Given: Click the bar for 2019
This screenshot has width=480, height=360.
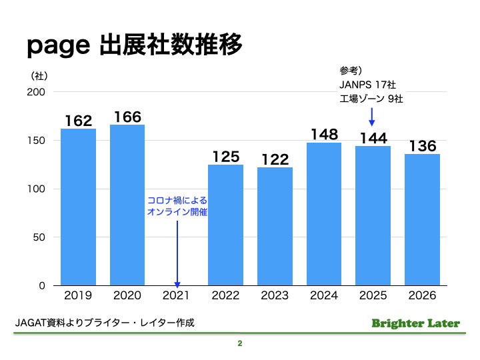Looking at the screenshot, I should pyautogui.click(x=78, y=207).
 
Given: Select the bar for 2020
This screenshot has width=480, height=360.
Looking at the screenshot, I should pyautogui.click(x=127, y=205).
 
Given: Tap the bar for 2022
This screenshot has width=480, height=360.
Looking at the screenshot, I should pyautogui.click(x=225, y=225).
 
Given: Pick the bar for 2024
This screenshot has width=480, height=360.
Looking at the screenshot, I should pyautogui.click(x=324, y=213).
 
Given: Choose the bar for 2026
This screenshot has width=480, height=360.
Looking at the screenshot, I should pyautogui.click(x=422, y=219).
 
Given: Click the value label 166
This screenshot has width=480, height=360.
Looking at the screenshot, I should pyautogui.click(x=127, y=117).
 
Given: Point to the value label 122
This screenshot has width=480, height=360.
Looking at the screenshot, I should pyautogui.click(x=275, y=159).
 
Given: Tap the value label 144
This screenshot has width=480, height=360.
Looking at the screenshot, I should pyautogui.click(x=373, y=138).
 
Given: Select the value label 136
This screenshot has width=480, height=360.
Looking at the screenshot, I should pyautogui.click(x=423, y=146).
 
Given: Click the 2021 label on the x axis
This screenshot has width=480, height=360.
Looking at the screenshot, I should pyautogui.click(x=177, y=295).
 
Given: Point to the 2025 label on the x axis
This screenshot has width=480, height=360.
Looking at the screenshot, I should pyautogui.click(x=373, y=295).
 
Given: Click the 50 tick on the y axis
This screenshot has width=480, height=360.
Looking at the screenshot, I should pyautogui.click(x=39, y=237).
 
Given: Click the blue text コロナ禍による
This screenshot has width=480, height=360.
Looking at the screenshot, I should pyautogui.click(x=177, y=201).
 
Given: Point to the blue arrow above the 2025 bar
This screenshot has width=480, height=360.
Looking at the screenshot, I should pyautogui.click(x=373, y=117).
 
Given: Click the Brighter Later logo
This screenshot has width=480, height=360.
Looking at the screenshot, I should pyautogui.click(x=415, y=323).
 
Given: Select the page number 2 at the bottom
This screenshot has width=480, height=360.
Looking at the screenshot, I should pyautogui.click(x=239, y=345).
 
